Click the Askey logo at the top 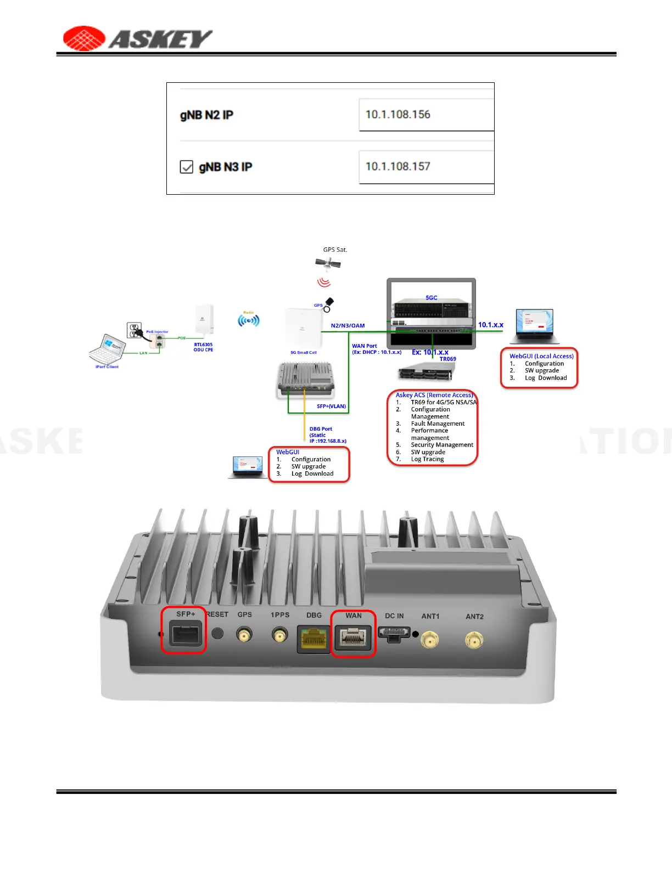pos(137,38)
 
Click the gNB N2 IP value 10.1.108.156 pos(398,115)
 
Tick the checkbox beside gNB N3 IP pos(187,167)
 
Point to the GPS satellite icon pos(328,263)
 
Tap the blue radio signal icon pos(249,320)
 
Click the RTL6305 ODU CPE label pos(203,347)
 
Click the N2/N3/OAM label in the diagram pos(348,326)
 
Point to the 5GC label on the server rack pos(432,298)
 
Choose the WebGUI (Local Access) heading pos(541,356)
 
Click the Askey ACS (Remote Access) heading pos(434,395)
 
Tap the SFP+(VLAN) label pos(331,407)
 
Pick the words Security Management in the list pos(442,445)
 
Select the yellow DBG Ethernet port pos(313,639)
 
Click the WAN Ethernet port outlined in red pos(353,638)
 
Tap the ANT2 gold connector pos(474,639)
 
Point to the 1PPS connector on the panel pos(280,636)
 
